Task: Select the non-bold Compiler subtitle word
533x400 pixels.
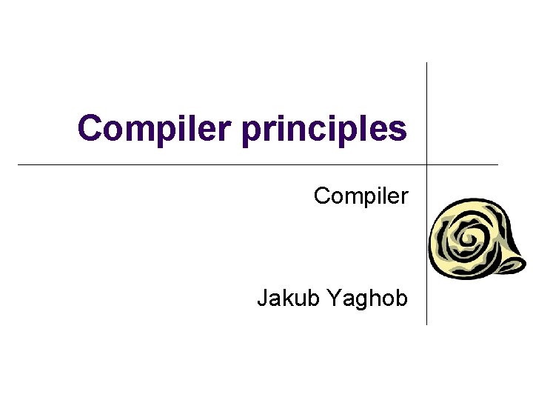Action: tap(361, 197)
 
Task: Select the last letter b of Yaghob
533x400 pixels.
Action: tap(400, 299)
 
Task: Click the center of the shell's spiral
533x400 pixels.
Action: tap(469, 239)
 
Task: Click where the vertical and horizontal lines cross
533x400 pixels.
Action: tap(427, 164)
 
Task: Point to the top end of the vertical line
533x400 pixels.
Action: tap(427, 63)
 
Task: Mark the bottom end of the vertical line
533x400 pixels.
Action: tap(427, 324)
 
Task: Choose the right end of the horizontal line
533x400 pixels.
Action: tap(497, 164)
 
